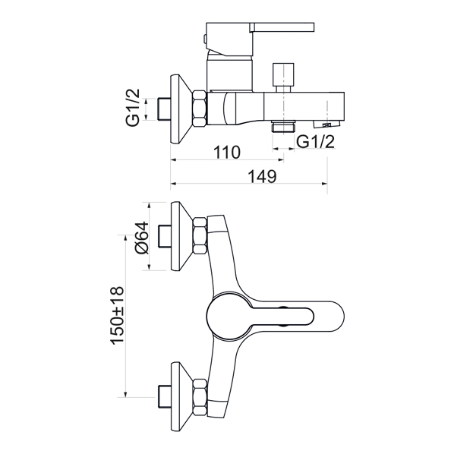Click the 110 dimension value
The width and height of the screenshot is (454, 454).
(227, 153)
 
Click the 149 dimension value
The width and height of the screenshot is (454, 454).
(263, 176)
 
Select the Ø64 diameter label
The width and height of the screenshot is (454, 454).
(142, 238)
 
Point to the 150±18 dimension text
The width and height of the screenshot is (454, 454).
(118, 316)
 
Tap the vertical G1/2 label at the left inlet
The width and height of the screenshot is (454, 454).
(133, 107)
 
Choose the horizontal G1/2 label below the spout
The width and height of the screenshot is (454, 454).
(316, 142)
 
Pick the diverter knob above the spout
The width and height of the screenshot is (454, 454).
(283, 77)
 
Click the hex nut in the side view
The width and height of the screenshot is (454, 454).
(200, 109)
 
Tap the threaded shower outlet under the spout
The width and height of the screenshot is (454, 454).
(283, 127)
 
